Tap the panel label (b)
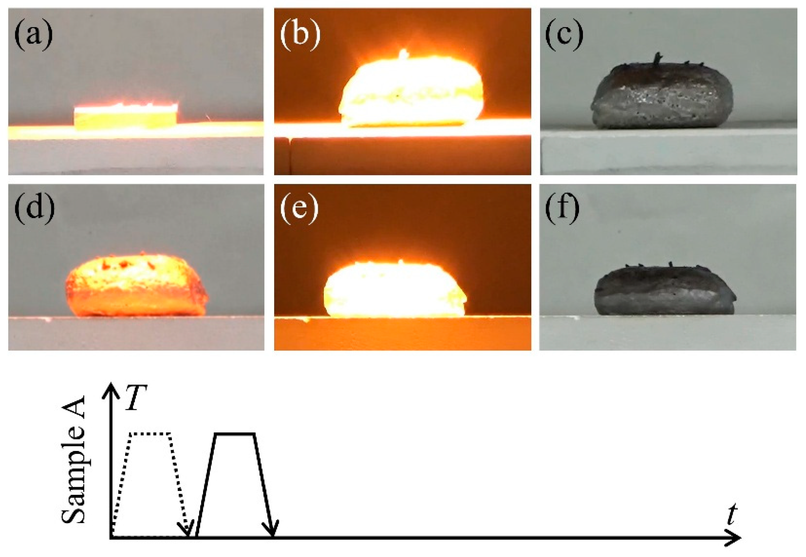click(300, 35)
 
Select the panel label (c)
click(564, 35)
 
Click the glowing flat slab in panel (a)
click(125, 116)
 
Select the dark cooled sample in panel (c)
click(661, 96)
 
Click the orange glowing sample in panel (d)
click(136, 286)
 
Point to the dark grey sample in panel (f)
click(663, 291)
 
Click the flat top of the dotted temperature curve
click(150, 434)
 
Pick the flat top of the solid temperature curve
click(234, 434)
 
